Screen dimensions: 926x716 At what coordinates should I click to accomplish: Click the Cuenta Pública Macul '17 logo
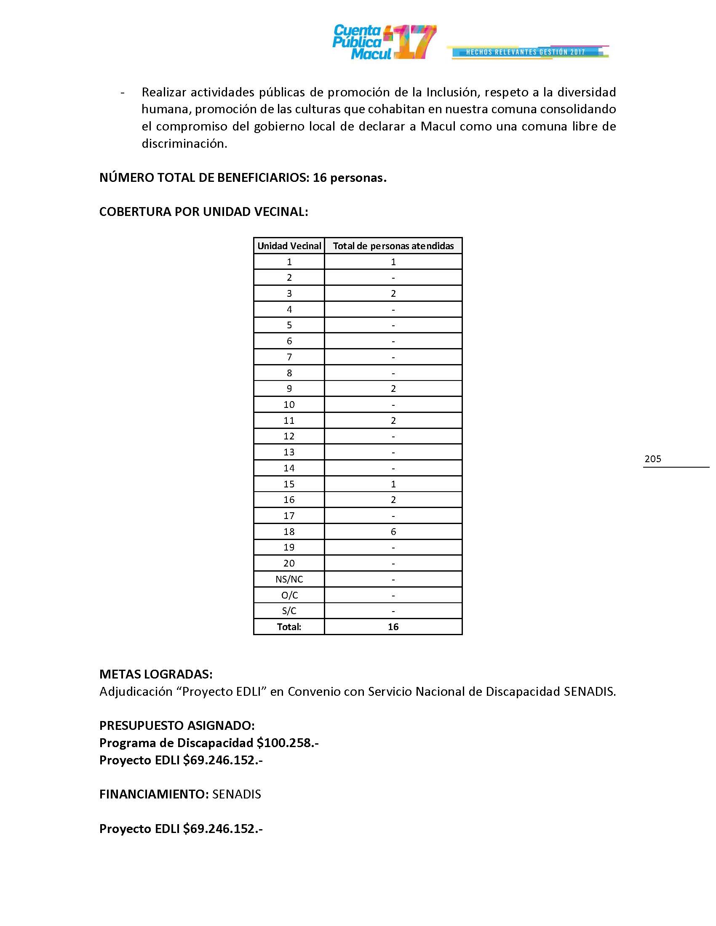coord(384,42)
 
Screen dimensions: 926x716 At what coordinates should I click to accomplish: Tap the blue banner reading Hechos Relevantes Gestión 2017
coord(526,52)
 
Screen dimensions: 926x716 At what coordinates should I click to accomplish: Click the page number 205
coord(652,459)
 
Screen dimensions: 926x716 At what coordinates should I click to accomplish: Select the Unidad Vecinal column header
coord(289,246)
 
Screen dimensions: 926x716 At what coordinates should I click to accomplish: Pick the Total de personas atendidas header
coord(393,246)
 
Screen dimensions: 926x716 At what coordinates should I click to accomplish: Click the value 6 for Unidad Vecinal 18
coord(393,532)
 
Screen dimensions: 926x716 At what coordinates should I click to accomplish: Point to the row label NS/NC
coord(289,579)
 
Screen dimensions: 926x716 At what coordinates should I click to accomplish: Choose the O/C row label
coord(289,595)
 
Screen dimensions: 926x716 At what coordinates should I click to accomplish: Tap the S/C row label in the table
coord(289,611)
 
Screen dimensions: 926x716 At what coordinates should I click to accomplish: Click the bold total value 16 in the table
coord(393,627)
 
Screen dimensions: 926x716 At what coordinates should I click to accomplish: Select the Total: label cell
coord(289,627)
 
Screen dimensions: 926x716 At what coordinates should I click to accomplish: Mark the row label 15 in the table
coord(289,484)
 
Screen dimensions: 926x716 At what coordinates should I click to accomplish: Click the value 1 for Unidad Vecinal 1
coord(393,262)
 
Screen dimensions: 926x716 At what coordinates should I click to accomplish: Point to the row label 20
coord(289,564)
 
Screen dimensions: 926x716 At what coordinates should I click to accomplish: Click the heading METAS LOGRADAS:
coord(156,674)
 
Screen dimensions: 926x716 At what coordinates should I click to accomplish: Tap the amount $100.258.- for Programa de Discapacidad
coord(288,743)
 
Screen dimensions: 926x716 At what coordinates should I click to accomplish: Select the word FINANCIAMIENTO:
coord(154,794)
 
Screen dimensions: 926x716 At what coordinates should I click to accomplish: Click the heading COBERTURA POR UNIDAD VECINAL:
coord(203,212)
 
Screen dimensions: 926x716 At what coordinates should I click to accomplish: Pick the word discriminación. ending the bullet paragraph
coord(184,144)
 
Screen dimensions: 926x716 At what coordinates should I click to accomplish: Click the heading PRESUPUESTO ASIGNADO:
coord(177,726)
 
